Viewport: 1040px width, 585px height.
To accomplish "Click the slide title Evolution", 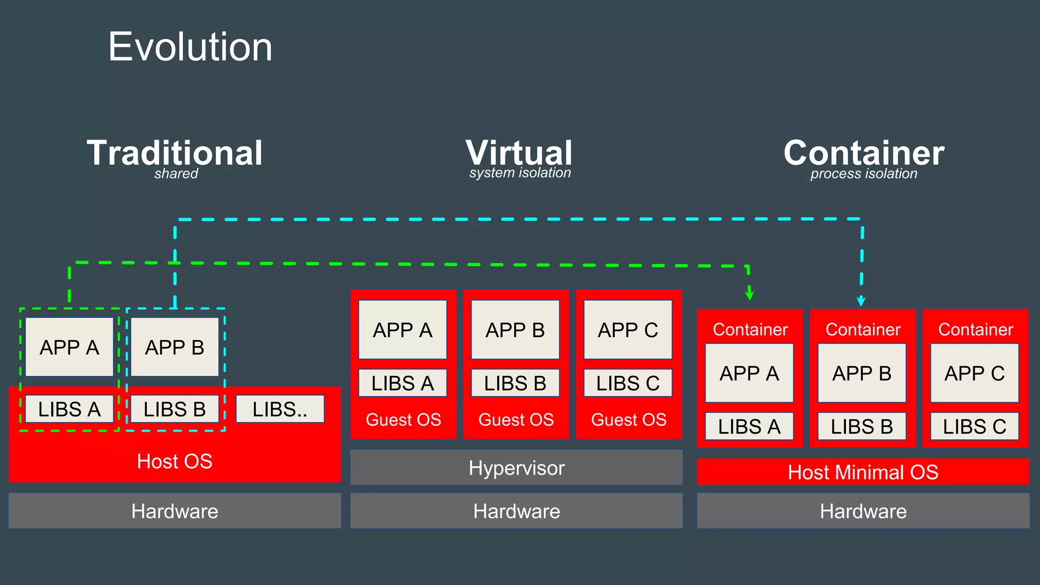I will click(190, 47).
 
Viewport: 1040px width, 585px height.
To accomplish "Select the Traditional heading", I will click(175, 153).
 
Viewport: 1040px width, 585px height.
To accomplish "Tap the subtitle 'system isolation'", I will click(520, 173).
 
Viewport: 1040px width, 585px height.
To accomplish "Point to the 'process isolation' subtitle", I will click(863, 174).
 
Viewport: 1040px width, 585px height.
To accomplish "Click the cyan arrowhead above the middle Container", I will click(861, 301).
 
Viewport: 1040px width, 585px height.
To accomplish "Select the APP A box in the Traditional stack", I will click(70, 347).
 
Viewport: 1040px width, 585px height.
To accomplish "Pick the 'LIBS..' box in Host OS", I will click(280, 409).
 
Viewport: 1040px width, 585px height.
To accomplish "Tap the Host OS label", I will click(175, 461).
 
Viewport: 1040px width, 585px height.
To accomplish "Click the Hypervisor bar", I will click(516, 468).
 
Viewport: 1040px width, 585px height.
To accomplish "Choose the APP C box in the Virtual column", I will click(628, 330).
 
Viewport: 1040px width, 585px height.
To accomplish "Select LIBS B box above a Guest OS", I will click(515, 383).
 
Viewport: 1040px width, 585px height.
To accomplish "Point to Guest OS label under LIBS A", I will click(403, 420).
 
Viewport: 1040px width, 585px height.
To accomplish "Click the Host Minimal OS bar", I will click(863, 472).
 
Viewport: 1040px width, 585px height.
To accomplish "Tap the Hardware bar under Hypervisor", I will click(516, 511).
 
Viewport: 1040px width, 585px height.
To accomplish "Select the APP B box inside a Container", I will click(862, 373).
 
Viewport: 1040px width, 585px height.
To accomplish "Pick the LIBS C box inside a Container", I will click(974, 427).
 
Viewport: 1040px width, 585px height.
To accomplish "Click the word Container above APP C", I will click(976, 330).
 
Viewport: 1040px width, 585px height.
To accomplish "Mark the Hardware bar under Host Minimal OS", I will click(863, 511).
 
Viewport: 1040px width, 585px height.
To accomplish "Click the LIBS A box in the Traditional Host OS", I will click(70, 409).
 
